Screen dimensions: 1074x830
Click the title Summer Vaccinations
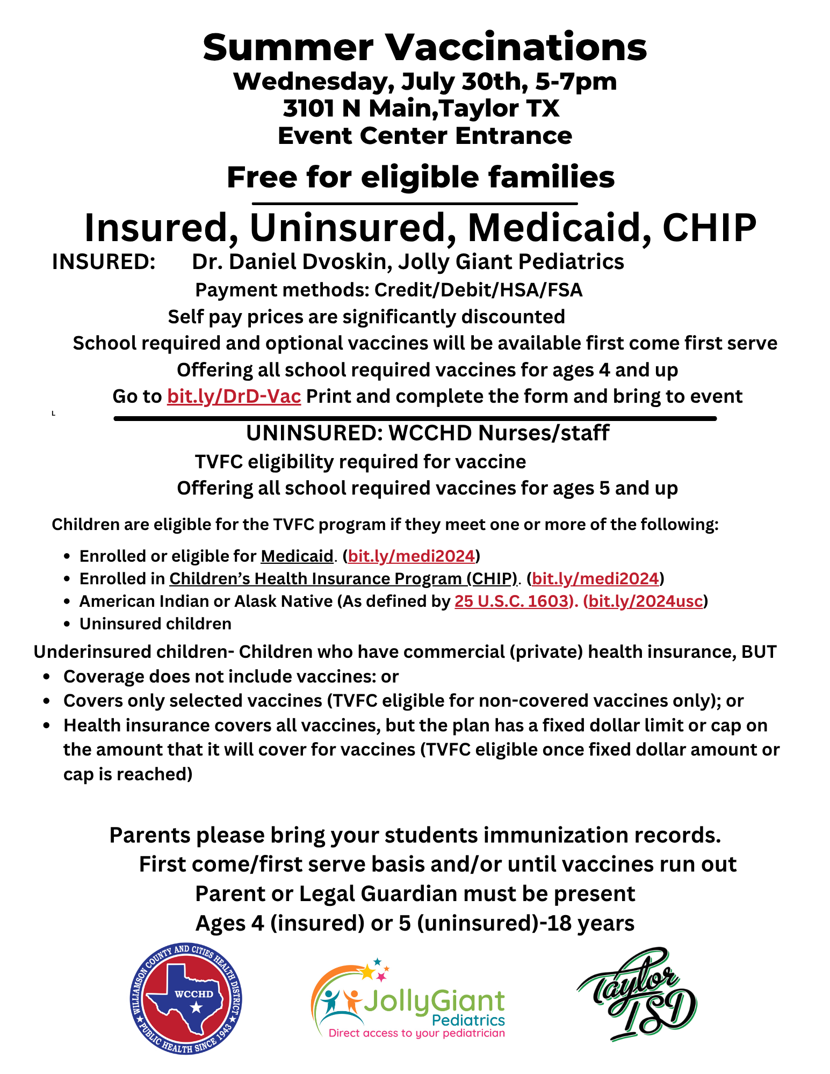(424, 47)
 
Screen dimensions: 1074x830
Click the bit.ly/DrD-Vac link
(234, 396)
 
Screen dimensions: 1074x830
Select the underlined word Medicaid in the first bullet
(297, 556)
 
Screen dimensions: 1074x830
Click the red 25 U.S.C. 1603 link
(511, 601)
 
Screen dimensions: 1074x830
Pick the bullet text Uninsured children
(155, 623)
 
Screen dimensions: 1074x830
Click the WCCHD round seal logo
(186, 999)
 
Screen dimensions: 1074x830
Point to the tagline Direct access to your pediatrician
(416, 1033)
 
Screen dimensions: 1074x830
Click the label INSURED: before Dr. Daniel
(104, 262)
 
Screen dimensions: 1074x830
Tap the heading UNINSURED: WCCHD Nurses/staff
(428, 433)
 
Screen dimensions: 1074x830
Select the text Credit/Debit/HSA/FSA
(478, 290)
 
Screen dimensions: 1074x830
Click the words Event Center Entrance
(424, 136)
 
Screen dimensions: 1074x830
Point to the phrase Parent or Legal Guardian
(327, 894)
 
